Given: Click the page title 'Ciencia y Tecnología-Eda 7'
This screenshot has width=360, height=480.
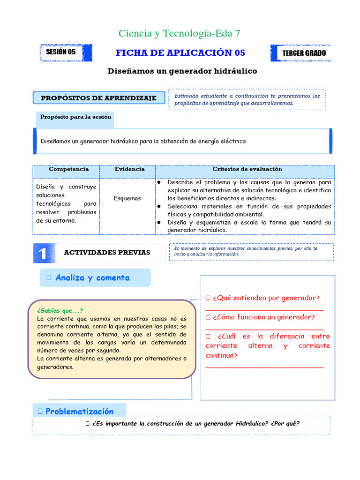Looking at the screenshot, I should click(180, 33).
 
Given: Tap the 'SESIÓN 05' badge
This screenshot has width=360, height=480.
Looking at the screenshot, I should click(60, 52).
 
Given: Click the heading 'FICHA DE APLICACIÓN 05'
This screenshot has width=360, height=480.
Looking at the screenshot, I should click(180, 52).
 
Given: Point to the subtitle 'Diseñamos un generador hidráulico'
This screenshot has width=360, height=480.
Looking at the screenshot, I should click(182, 71).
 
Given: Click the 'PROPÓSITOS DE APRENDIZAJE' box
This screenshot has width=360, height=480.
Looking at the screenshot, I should click(99, 98).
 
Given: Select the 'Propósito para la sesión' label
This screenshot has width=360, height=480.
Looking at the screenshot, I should click(75, 117).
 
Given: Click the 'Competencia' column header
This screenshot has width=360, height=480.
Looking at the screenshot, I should click(68, 169).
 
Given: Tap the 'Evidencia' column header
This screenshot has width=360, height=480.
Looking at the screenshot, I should click(129, 169).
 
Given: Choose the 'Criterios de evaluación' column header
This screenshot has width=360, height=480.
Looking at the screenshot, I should click(247, 169).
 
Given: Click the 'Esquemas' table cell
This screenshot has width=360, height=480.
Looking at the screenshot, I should click(127, 198).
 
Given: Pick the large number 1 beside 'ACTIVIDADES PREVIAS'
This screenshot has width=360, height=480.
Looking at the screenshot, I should click(43, 254).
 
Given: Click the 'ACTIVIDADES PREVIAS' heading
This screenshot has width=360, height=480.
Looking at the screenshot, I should click(107, 253).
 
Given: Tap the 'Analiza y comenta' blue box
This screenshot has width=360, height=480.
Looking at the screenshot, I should click(92, 277).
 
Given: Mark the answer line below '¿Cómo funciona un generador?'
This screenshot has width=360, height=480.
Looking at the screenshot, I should click(264, 330).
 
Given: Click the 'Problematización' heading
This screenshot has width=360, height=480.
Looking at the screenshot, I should click(79, 411).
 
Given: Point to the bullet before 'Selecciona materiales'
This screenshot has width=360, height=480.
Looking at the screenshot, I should click(159, 206).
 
